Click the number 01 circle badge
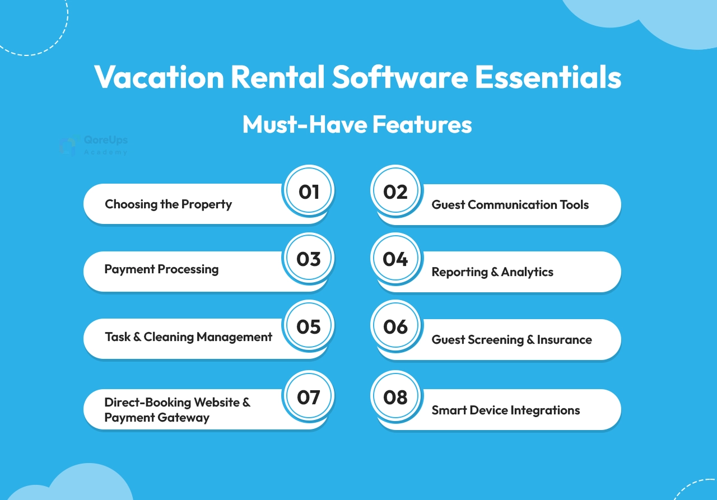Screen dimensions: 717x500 pyautogui.click(x=308, y=191)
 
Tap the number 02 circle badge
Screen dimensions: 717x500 pyautogui.click(x=395, y=191)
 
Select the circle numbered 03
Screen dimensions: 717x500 pyautogui.click(x=308, y=258)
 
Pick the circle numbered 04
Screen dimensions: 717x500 pyautogui.click(x=395, y=258)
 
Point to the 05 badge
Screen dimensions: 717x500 pyautogui.click(x=308, y=326)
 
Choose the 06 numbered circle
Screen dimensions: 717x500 pyautogui.click(x=395, y=326)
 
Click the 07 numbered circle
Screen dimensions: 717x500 pyautogui.click(x=308, y=396)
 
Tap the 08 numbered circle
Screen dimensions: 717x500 pyautogui.click(x=395, y=396)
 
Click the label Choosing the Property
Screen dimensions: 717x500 pyautogui.click(x=169, y=204)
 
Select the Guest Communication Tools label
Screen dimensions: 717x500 pyautogui.click(x=510, y=205)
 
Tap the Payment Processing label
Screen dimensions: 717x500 pyautogui.click(x=162, y=269)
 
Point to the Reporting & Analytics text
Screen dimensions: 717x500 pyautogui.click(x=492, y=272)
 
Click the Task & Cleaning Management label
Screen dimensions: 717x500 pyautogui.click(x=189, y=337)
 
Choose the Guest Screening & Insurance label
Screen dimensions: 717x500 pyautogui.click(x=512, y=340)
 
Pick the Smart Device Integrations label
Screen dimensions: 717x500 pyautogui.click(x=506, y=410)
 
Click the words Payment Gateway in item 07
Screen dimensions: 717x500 pyautogui.click(x=157, y=418)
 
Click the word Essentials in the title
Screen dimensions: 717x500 pyautogui.click(x=548, y=77)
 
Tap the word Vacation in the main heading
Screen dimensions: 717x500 pyautogui.click(x=159, y=77)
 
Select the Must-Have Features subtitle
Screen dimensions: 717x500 pyautogui.click(x=357, y=124)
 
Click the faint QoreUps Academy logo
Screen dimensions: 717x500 pyautogui.click(x=94, y=145)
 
